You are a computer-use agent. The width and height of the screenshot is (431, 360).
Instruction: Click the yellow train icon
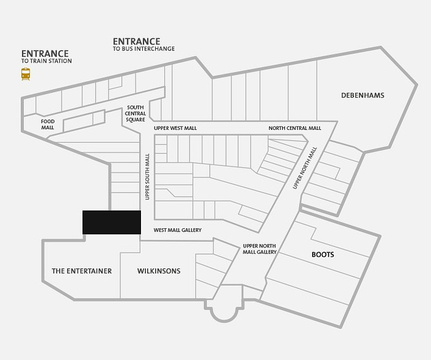26,74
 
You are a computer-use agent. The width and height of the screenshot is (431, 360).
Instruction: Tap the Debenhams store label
363,95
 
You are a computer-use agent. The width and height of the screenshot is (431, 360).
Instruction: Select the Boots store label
323,255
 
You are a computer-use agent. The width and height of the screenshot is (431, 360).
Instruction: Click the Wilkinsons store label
159,271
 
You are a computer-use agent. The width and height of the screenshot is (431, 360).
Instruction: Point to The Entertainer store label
82,271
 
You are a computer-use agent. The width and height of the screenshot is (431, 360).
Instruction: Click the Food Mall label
47,124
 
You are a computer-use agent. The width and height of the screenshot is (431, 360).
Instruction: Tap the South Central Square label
135,113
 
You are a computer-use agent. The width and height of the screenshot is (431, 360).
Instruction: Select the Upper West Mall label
175,129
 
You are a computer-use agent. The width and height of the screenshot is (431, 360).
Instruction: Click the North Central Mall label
295,128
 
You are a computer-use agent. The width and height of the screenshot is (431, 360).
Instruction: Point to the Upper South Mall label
147,177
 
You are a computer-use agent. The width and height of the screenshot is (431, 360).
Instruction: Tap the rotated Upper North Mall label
305,168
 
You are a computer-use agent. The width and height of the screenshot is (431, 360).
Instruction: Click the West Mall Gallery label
177,230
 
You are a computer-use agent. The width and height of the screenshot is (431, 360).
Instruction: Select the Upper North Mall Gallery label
259,249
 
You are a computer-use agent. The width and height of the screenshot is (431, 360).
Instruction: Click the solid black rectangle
111,222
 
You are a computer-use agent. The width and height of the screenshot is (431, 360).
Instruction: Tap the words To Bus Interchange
143,49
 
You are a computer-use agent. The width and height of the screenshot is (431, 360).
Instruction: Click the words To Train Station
46,61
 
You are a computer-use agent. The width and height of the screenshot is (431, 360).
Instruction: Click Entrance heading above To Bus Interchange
136,41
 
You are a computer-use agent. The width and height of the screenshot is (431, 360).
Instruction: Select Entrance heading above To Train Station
45,54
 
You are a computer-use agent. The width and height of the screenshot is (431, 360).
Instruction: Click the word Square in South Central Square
135,119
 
